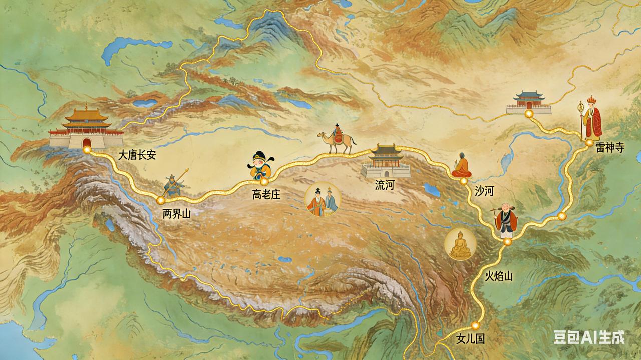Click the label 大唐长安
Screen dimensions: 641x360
pyautogui.click(x=137, y=155)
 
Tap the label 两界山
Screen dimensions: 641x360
pyautogui.click(x=177, y=214)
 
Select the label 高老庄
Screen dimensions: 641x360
pyautogui.click(x=266, y=195)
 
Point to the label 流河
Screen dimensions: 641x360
pyautogui.click(x=385, y=185)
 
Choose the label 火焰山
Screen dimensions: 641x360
pyautogui.click(x=499, y=276)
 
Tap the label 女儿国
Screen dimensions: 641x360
pyautogui.click(x=471, y=339)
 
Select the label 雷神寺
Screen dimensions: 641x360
pyautogui.click(x=610, y=148)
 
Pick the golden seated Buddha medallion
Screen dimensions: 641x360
pyautogui.click(x=460, y=244)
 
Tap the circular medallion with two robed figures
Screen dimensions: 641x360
pyautogui.click(x=323, y=199)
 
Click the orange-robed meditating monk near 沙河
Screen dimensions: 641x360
pyautogui.click(x=461, y=166)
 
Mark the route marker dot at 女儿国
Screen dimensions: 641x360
pyautogui.click(x=475, y=325)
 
